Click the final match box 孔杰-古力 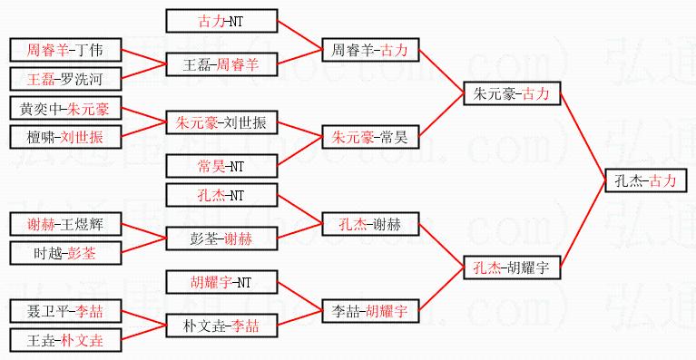tap(646, 180)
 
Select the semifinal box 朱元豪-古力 tap(512, 93)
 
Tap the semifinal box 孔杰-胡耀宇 tap(512, 268)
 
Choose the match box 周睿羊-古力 tap(370, 50)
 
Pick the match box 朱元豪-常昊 tap(370, 137)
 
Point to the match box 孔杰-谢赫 tap(370, 224)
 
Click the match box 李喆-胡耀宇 tap(370, 311)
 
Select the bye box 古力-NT tap(222, 21)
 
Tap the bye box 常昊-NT tap(222, 166)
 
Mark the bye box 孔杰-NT tap(222, 195)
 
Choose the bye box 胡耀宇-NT tap(222, 282)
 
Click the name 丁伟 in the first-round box tap(89, 50)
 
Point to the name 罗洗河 tap(82, 79)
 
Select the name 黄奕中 tap(41, 108)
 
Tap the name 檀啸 tap(41, 137)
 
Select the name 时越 tap(47, 253)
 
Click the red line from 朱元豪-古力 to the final tap(583, 137)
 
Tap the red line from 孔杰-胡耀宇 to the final tap(583, 224)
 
